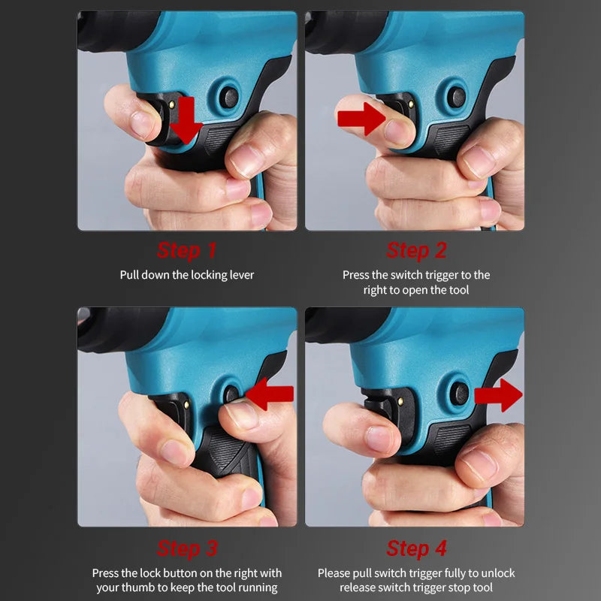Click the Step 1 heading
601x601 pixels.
186,250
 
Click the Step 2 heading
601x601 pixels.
416,250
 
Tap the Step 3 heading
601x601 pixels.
187,548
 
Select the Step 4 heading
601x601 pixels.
416,548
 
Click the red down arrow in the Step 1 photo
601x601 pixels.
186,120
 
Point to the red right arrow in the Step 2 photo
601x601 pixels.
361,119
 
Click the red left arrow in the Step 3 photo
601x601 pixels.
270,394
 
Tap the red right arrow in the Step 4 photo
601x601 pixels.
498,395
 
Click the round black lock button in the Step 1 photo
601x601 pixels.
230,98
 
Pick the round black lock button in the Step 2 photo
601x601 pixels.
456,97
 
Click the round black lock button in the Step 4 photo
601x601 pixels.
459,394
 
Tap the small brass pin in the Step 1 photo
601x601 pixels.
172,104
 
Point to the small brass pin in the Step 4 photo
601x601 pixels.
401,401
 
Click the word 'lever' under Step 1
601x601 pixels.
241,275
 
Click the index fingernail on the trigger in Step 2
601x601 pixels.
396,132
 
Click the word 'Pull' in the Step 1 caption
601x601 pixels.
129,275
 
